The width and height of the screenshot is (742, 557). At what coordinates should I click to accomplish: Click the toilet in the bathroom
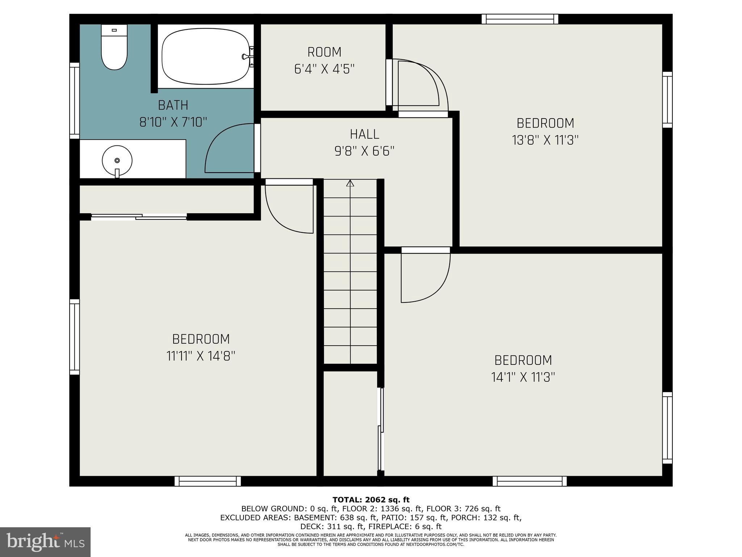pyautogui.click(x=114, y=47)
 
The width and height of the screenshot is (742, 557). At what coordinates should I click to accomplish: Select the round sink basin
pyautogui.click(x=117, y=160)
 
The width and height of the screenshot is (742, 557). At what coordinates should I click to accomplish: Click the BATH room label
pyautogui.click(x=173, y=105)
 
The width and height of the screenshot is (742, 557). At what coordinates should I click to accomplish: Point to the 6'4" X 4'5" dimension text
pyautogui.click(x=324, y=69)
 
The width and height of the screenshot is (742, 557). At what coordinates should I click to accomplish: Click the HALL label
pyautogui.click(x=364, y=134)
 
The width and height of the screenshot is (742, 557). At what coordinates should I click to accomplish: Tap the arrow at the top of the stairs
pyautogui.click(x=350, y=183)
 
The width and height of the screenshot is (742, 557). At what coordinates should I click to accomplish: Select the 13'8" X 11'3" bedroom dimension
pyautogui.click(x=545, y=140)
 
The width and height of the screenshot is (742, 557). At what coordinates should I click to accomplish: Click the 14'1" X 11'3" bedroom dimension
pyautogui.click(x=523, y=377)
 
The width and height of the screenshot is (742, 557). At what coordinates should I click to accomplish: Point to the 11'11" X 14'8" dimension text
pyautogui.click(x=201, y=356)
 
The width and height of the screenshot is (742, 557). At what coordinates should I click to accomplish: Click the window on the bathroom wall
pyautogui.click(x=74, y=100)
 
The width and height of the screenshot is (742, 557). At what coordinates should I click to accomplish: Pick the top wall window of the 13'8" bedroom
pyautogui.click(x=520, y=19)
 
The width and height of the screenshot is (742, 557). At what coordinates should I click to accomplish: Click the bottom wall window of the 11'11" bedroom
pyautogui.click(x=208, y=481)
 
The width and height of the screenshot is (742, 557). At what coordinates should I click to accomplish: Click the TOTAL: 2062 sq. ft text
pyautogui.click(x=371, y=500)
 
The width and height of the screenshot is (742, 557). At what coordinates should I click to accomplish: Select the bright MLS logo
pyautogui.click(x=45, y=542)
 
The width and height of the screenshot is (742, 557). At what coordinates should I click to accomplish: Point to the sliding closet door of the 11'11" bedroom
pyautogui.click(x=139, y=217)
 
